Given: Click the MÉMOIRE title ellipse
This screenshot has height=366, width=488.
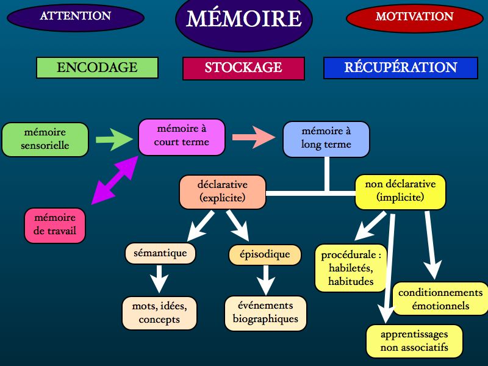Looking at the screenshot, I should click(x=243, y=19).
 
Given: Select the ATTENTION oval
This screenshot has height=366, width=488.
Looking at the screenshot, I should click(x=76, y=17).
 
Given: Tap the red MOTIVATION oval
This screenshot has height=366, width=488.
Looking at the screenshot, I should click(x=414, y=17).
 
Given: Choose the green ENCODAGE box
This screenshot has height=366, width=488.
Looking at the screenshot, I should click(x=97, y=68).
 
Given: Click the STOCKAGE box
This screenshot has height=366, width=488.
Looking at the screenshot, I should click(x=243, y=68).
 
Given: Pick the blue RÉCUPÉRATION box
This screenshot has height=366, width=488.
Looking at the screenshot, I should click(x=400, y=68).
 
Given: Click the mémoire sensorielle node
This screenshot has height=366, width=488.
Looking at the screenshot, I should click(x=45, y=139).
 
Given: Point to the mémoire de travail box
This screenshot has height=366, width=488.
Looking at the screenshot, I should click(x=55, y=225).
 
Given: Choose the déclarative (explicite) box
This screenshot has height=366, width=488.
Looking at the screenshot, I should click(x=222, y=192).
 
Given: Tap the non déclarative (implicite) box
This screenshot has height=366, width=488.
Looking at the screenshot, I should click(x=400, y=192).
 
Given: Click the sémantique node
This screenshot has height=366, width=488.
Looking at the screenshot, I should click(x=160, y=253).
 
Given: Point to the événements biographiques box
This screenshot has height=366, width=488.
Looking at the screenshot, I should click(x=265, y=312).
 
